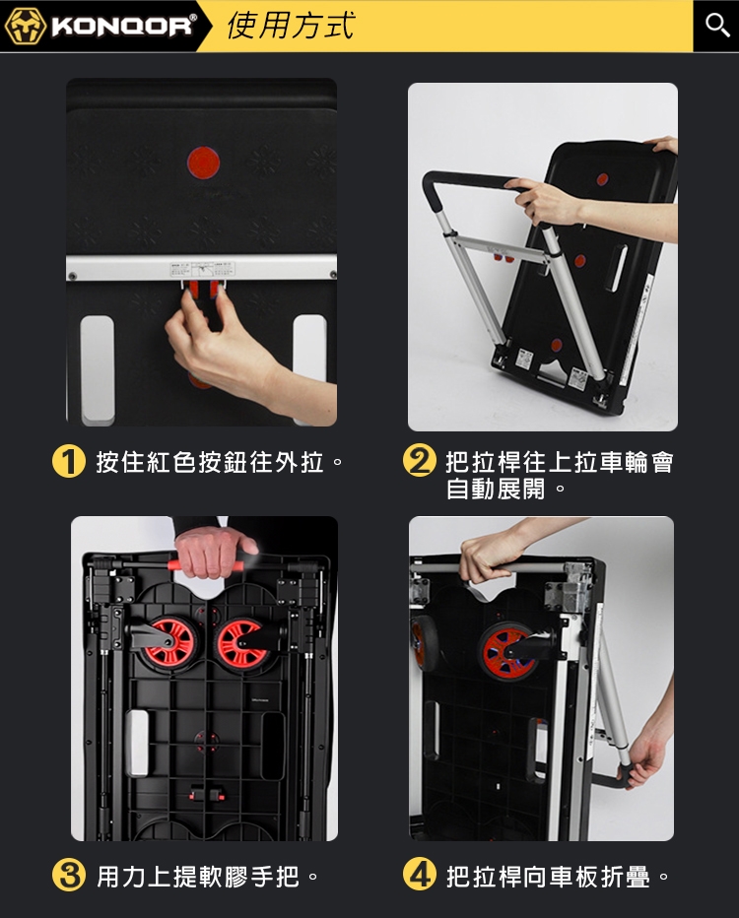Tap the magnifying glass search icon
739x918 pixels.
[716, 26]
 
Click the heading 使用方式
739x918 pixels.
[291, 26]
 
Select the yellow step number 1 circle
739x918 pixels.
[69, 462]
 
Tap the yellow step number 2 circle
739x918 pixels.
[420, 460]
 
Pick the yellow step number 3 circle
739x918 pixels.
[69, 876]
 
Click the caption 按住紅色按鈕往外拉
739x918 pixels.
[210, 462]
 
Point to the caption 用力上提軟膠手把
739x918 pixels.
[198, 877]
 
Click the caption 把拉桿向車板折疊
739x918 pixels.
[548, 877]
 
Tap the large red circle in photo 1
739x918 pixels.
[203, 163]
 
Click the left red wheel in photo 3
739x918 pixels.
[169, 641]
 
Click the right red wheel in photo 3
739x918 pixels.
[241, 643]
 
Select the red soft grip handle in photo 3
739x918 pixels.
[206, 565]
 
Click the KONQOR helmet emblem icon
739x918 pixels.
[26, 27]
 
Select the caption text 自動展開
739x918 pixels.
[496, 489]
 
